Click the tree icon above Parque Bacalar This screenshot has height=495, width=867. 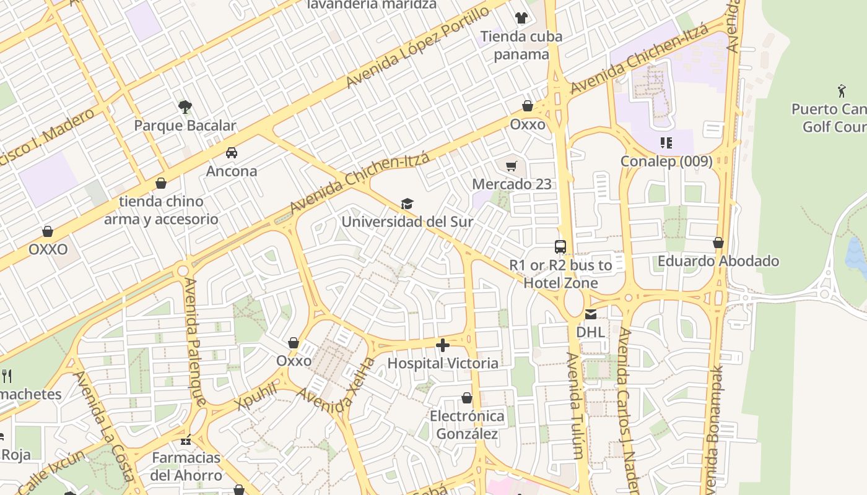click(185, 107)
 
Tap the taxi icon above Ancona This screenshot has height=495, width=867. click(232, 153)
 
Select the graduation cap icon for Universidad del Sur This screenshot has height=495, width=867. click(407, 204)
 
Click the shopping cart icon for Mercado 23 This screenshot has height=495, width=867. click(511, 166)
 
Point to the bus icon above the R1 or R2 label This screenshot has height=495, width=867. click(560, 247)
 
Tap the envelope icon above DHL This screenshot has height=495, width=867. click(591, 314)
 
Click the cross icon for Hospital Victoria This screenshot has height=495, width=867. click(443, 345)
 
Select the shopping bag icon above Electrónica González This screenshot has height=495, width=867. click(467, 398)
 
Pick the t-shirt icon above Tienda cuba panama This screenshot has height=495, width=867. click(521, 18)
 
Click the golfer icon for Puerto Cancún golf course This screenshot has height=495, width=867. click(842, 92)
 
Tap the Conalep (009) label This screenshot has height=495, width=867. click(666, 161)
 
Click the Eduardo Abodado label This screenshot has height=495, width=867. click(718, 261)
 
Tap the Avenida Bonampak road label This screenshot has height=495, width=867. click(713, 427)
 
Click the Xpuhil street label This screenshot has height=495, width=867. click(256, 395)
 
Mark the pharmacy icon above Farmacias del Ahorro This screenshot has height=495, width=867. click(185, 441)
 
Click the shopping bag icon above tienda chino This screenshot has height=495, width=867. click(161, 183)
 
